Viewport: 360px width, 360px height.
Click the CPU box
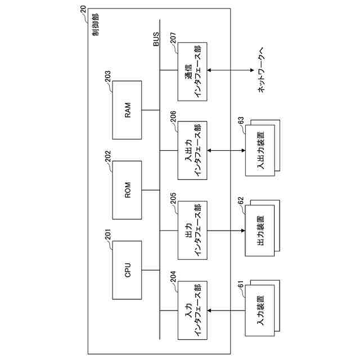128,269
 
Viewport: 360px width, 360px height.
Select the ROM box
128,190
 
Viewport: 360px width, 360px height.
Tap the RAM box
128,110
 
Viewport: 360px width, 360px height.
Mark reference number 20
83,9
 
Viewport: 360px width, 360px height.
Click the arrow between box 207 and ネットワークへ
230,70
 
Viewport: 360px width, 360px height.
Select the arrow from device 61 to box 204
225,310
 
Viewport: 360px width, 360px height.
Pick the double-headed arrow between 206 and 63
225,150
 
